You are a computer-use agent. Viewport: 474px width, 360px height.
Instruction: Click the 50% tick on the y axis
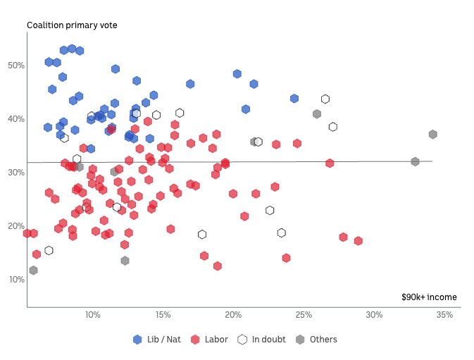pos(16,66)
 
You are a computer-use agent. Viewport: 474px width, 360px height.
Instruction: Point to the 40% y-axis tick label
pos(16,119)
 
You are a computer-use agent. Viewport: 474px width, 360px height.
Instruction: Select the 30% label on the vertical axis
pos(16,173)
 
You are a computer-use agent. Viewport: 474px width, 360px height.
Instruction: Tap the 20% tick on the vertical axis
pos(16,226)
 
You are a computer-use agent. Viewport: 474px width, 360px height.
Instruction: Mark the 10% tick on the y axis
pos(16,280)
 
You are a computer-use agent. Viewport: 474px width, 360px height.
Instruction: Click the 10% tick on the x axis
pos(92,314)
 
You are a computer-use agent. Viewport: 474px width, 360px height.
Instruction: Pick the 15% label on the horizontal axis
pos(163,314)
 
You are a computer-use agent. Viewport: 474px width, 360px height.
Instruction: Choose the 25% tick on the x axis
pos(304,314)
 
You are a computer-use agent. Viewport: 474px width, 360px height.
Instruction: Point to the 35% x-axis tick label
pos(444,314)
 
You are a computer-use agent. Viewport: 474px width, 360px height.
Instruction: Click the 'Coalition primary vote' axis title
pos(72,25)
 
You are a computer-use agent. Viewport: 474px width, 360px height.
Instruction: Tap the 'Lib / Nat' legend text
pos(163,340)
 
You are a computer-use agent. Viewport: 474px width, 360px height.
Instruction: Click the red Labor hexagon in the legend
pos(197,340)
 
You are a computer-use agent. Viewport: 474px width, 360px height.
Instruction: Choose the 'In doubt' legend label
pos(268,340)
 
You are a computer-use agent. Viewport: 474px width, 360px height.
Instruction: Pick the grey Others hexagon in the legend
pos(301,340)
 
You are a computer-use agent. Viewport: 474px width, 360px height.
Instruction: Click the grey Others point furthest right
pos(433,135)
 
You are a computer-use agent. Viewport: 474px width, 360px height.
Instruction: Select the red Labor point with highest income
pos(358,241)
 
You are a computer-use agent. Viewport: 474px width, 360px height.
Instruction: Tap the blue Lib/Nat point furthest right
pos(294,99)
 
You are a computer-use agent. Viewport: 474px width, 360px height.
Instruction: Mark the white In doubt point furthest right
pos(333,127)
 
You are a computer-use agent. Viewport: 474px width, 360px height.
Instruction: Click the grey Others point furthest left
pos(33,271)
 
